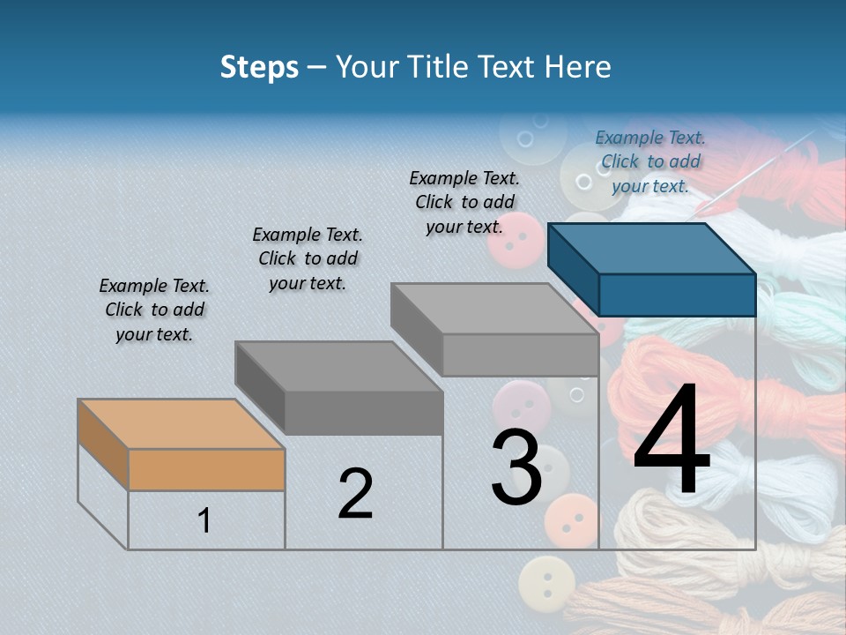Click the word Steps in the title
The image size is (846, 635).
pyautogui.click(x=259, y=67)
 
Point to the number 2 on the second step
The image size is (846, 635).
pyautogui.click(x=355, y=494)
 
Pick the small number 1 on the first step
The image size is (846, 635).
pyautogui.click(x=204, y=521)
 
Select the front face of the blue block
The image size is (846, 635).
pyautogui.click(x=677, y=295)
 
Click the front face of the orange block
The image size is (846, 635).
pyautogui.click(x=206, y=469)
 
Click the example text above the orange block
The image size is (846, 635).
pyautogui.click(x=154, y=310)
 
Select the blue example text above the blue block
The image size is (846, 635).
pyautogui.click(x=650, y=161)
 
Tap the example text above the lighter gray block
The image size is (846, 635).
pyautogui.click(x=464, y=202)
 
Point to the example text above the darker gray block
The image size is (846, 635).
pyautogui.click(x=308, y=258)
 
